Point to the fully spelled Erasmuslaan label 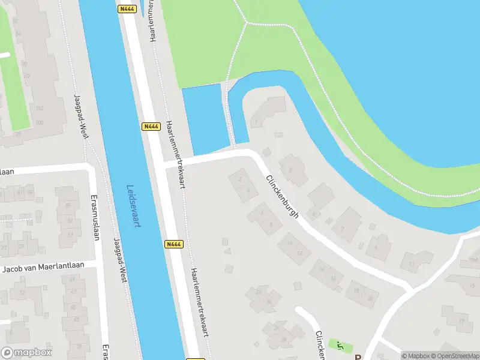(x=95, y=217)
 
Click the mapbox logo (x=26, y=352)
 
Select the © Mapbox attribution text (x=413, y=356)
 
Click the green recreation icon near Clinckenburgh (x=340, y=345)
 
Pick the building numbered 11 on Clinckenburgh (x=411, y=263)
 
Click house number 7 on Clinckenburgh (x=342, y=229)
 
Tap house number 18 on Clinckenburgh (x=356, y=290)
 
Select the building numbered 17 (x=461, y=322)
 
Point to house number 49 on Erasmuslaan (x=70, y=229)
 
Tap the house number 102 (x=40, y=109)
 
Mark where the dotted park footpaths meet (x=246, y=23)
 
